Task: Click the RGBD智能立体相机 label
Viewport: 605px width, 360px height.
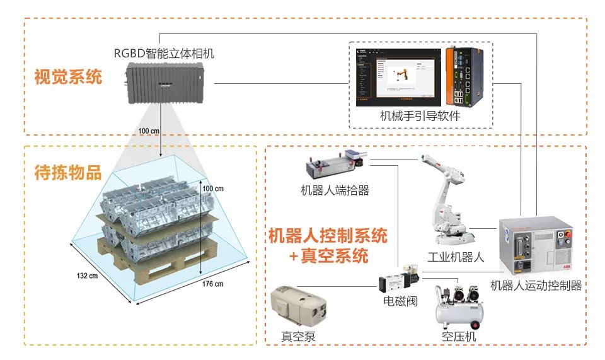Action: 164,54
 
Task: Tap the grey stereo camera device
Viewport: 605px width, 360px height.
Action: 165,83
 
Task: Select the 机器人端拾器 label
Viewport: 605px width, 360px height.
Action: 335,190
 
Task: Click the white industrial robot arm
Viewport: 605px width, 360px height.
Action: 446,202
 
